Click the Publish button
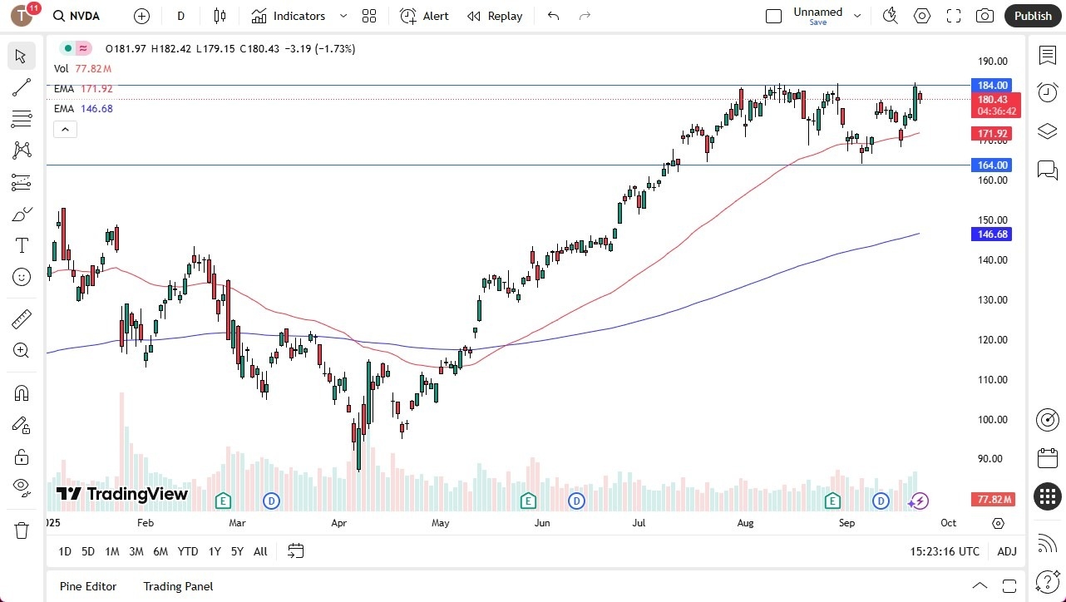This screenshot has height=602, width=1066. pos(1033,16)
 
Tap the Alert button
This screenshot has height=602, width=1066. pos(424,16)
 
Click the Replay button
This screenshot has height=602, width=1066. pos(495,16)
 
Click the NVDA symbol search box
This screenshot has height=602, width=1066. pos(84,16)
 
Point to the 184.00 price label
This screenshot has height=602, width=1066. pos(992,86)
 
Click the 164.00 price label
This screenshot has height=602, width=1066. pos(992,165)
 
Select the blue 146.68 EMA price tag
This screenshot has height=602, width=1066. pos(992,234)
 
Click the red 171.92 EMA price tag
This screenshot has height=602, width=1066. pos(992,134)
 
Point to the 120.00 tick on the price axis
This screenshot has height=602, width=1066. pos(992,340)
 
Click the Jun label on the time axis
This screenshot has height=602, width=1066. pos(542,523)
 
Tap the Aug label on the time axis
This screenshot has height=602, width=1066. pos(745,523)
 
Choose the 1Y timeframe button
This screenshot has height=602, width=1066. pos(215,551)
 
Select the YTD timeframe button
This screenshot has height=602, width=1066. pos(188,551)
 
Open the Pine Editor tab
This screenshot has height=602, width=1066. pos(88,586)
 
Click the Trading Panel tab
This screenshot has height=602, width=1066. pos(178,586)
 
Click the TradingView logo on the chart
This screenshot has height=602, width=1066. pos(122,495)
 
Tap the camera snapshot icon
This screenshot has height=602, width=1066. pos(985,16)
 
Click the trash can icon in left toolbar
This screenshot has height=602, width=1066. pos(22,530)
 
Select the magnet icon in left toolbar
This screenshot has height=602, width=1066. pos(22,393)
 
